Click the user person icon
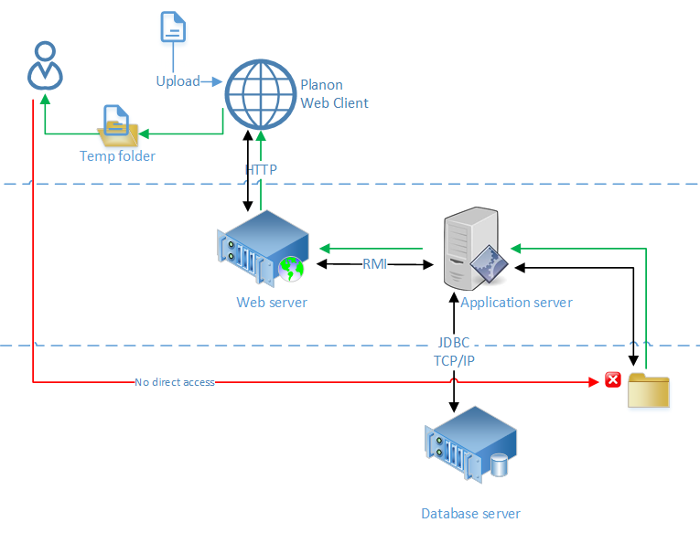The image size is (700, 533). coord(44,66)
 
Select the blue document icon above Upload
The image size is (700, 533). coord(172,27)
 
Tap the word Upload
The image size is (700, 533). coord(178,81)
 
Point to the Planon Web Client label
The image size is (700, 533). coord(334,94)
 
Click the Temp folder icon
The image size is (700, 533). coord(119,127)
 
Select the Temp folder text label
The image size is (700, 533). coord(117,156)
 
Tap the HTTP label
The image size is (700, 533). coord(261,170)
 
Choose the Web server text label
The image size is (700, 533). coord(272,303)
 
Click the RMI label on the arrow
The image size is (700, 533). coord(374,264)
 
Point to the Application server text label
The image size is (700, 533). coord(516,303)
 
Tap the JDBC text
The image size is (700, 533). coord(454,343)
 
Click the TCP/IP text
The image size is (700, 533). coord(454,360)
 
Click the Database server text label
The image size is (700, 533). coord(470,514)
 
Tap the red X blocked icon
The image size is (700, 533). coord(613,380)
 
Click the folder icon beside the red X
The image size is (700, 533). coord(649,389)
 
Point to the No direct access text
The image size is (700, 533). coord(174,382)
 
